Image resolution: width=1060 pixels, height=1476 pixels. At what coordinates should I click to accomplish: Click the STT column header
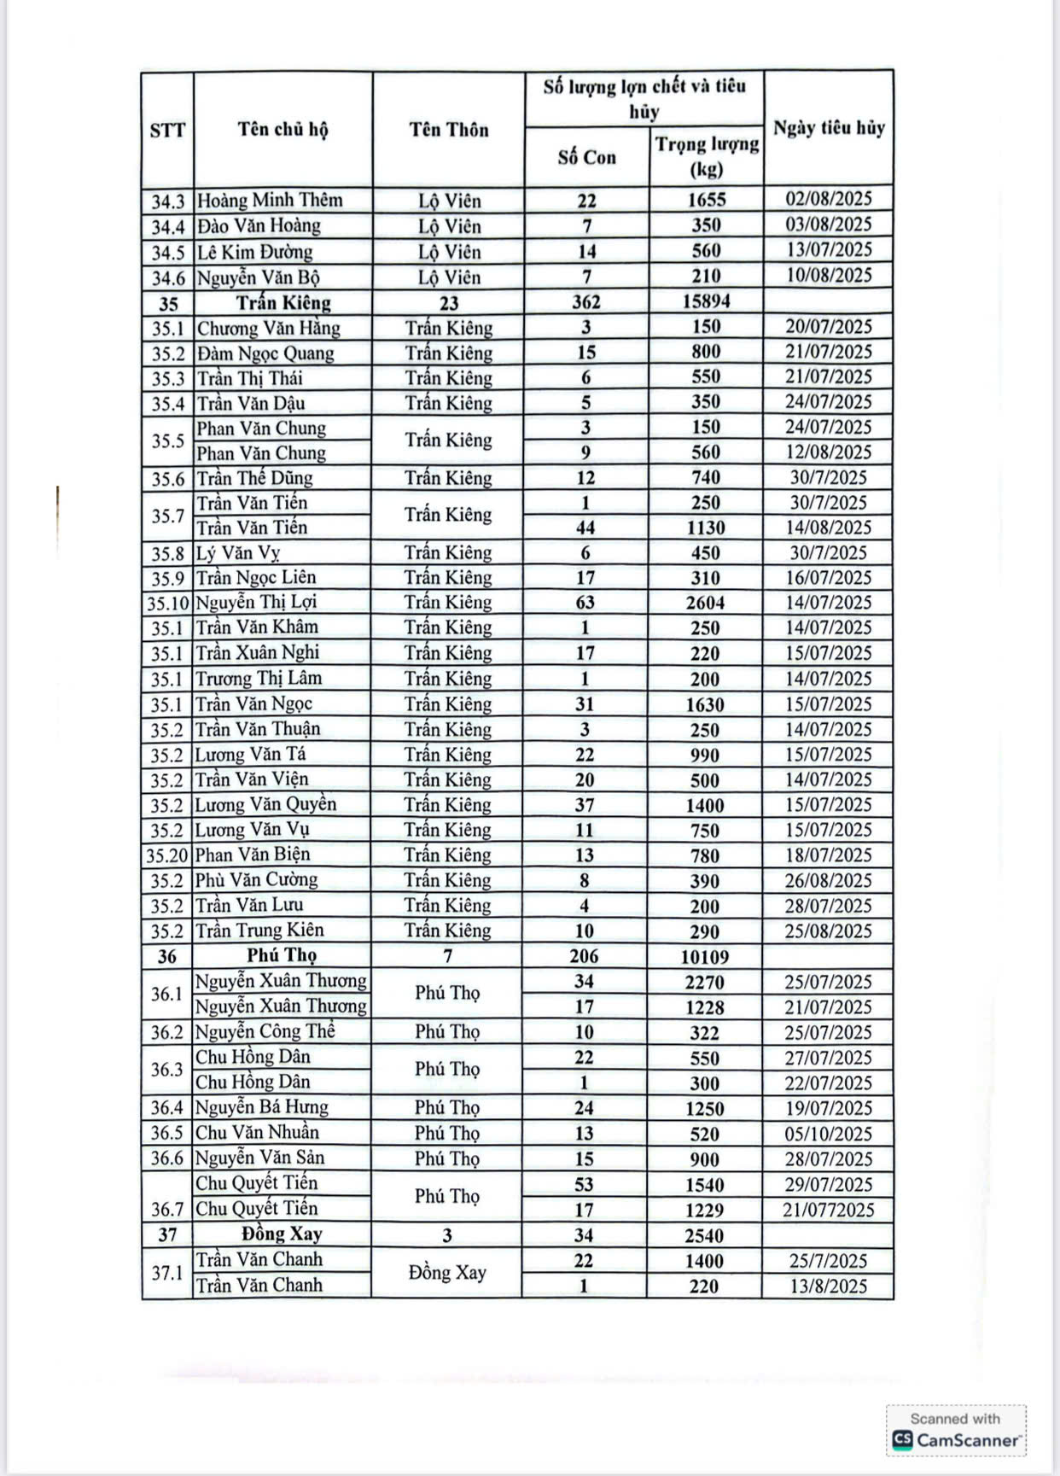tap(167, 130)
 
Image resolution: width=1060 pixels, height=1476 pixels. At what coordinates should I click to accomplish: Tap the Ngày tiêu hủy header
tap(829, 128)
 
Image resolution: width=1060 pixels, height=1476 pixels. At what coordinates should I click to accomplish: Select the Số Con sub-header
tap(586, 157)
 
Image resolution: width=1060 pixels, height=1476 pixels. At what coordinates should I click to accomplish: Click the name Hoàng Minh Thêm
tap(270, 201)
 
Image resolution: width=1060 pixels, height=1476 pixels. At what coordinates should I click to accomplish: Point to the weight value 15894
tap(706, 301)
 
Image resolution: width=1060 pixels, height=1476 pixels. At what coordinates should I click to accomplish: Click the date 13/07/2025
tap(829, 250)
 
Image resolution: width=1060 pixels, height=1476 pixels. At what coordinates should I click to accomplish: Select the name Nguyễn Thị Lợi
tap(256, 602)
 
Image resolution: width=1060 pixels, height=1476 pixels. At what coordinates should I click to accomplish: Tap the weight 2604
tap(705, 603)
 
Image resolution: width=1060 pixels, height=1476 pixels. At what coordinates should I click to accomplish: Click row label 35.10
tap(167, 604)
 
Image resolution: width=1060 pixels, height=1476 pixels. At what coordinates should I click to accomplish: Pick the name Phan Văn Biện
tap(253, 855)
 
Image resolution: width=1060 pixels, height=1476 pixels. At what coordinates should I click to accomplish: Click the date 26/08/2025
tap(828, 880)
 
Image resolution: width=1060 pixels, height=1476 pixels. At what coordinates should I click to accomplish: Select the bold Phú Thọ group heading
tap(282, 955)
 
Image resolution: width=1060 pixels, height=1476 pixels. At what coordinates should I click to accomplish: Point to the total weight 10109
tap(705, 957)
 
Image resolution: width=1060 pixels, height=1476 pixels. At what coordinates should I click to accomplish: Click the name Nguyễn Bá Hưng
tap(262, 1107)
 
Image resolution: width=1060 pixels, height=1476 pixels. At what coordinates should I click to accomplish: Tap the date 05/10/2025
tap(828, 1134)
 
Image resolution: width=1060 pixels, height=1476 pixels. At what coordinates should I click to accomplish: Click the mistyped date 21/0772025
tap(828, 1210)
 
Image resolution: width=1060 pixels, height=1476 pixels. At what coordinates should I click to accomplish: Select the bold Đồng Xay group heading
tap(282, 1234)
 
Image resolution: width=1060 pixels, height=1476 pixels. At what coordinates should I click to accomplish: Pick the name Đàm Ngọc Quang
tap(265, 353)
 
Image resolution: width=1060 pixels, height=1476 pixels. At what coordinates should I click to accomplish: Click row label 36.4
tap(167, 1108)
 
